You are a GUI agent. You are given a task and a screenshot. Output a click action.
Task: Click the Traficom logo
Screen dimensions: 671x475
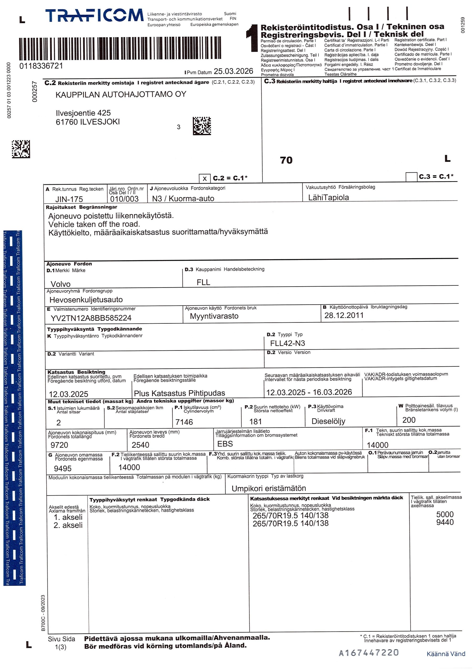coord(94,15)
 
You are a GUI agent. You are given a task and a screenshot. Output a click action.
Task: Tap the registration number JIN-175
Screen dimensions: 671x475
coord(69,199)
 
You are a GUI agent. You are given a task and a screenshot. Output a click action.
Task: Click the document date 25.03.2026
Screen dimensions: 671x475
coord(233,71)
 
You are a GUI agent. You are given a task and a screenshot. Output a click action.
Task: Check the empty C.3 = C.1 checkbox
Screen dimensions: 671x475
coord(411,177)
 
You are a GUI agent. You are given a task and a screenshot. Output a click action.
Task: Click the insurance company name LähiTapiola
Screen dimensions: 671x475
coord(328,198)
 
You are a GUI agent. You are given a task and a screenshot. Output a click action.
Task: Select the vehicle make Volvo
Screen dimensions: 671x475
coord(61,284)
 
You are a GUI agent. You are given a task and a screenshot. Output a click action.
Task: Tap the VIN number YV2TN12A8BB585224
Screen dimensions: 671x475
coord(91,318)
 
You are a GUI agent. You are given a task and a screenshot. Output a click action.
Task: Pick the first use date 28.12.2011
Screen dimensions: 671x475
coord(344,315)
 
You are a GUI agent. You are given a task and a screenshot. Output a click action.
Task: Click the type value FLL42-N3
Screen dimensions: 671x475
coord(287,343)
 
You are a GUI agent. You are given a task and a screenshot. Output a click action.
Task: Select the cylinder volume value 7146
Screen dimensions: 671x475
coord(184,422)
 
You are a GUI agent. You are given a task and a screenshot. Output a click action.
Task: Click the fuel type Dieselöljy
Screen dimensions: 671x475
coord(328,421)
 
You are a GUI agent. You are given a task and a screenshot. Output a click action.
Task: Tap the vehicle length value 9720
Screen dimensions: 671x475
coord(59,445)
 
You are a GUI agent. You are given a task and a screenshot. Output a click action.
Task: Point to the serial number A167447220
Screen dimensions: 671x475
coord(369,653)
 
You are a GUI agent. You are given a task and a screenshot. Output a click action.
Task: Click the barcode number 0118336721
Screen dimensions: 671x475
coord(41,66)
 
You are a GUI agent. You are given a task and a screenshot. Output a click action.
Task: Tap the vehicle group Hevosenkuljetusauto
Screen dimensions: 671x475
coord(86,300)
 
